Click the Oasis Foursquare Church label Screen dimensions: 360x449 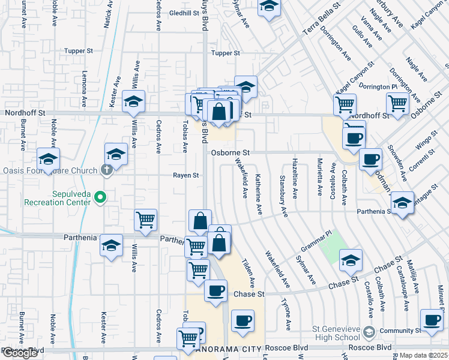coord(51,169)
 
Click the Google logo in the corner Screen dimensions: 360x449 coord(20,353)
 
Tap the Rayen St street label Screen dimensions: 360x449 coord(186,176)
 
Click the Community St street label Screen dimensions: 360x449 coord(400,331)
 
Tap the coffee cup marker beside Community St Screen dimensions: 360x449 coord(432,320)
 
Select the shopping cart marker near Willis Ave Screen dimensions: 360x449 coord(145,221)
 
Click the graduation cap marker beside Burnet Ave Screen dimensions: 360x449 coord(47,159)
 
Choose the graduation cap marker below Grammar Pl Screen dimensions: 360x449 coord(351,260)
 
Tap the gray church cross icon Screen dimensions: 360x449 coord(107,169)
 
